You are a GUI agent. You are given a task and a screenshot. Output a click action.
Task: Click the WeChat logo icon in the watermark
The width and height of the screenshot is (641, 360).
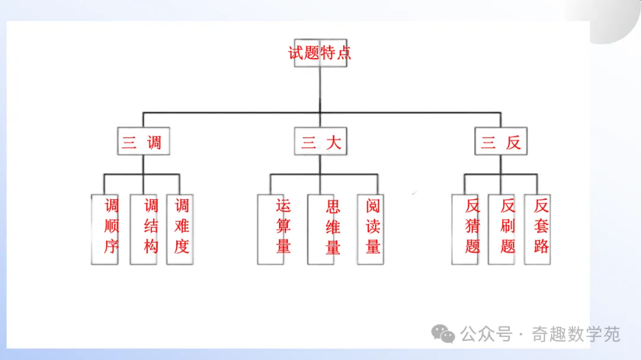pyautogui.click(x=443, y=334)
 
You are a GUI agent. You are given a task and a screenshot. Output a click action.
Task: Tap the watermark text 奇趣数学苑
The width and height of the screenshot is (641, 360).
pyautogui.click(x=576, y=334)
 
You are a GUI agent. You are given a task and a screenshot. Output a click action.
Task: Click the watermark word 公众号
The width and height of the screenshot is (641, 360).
pyautogui.click(x=486, y=334)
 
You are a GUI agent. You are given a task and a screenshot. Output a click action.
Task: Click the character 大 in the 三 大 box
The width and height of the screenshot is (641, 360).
pyautogui.click(x=334, y=142)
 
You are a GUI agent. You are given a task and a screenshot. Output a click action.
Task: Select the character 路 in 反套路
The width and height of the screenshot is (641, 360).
pyautogui.click(x=541, y=246)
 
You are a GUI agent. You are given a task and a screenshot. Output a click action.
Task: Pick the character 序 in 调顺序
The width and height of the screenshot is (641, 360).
pyautogui.click(x=112, y=246)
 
